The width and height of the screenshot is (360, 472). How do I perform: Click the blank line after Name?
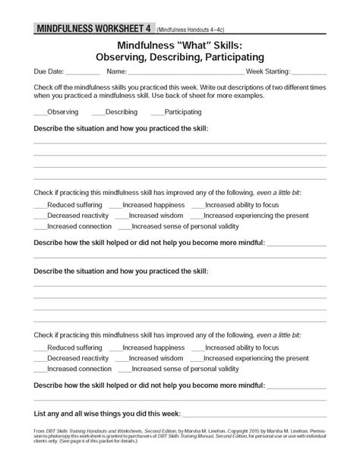point(187,74)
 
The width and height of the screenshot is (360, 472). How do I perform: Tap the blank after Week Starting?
point(310,74)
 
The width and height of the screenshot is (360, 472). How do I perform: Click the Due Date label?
point(47,71)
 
